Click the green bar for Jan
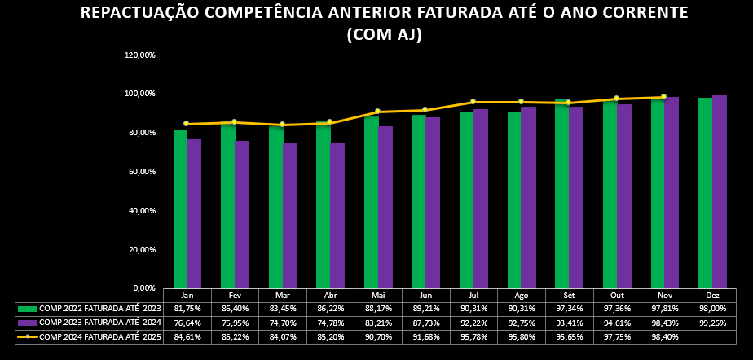point(180,209)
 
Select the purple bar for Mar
point(289,215)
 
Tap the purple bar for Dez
point(720,191)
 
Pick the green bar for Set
point(561,194)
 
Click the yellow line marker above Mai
point(377,112)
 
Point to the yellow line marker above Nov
point(663,97)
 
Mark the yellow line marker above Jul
point(473,102)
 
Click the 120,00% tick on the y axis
point(139,55)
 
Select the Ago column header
point(522,296)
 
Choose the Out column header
point(617,296)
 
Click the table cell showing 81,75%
point(187,309)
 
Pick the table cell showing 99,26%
point(712,323)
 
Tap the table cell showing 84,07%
point(283,336)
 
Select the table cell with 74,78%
point(330,323)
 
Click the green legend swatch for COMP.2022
point(28,309)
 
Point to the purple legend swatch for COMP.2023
point(28,323)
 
